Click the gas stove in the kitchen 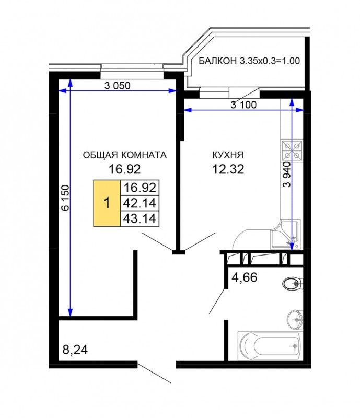(292, 150)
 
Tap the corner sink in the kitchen (286, 235)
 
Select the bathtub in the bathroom (270, 346)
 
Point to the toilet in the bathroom (293, 284)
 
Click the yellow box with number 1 (107, 203)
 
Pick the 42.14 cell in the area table (140, 203)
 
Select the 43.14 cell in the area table (140, 218)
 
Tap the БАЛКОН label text (218, 61)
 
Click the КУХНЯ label (228, 155)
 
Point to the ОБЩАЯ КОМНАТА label (125, 155)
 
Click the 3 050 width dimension (118, 86)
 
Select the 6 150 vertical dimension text (66, 198)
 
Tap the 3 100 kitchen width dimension (243, 105)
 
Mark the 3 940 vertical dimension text (287, 175)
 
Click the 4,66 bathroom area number (244, 278)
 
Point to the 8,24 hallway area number (75, 350)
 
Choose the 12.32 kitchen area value (228, 169)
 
